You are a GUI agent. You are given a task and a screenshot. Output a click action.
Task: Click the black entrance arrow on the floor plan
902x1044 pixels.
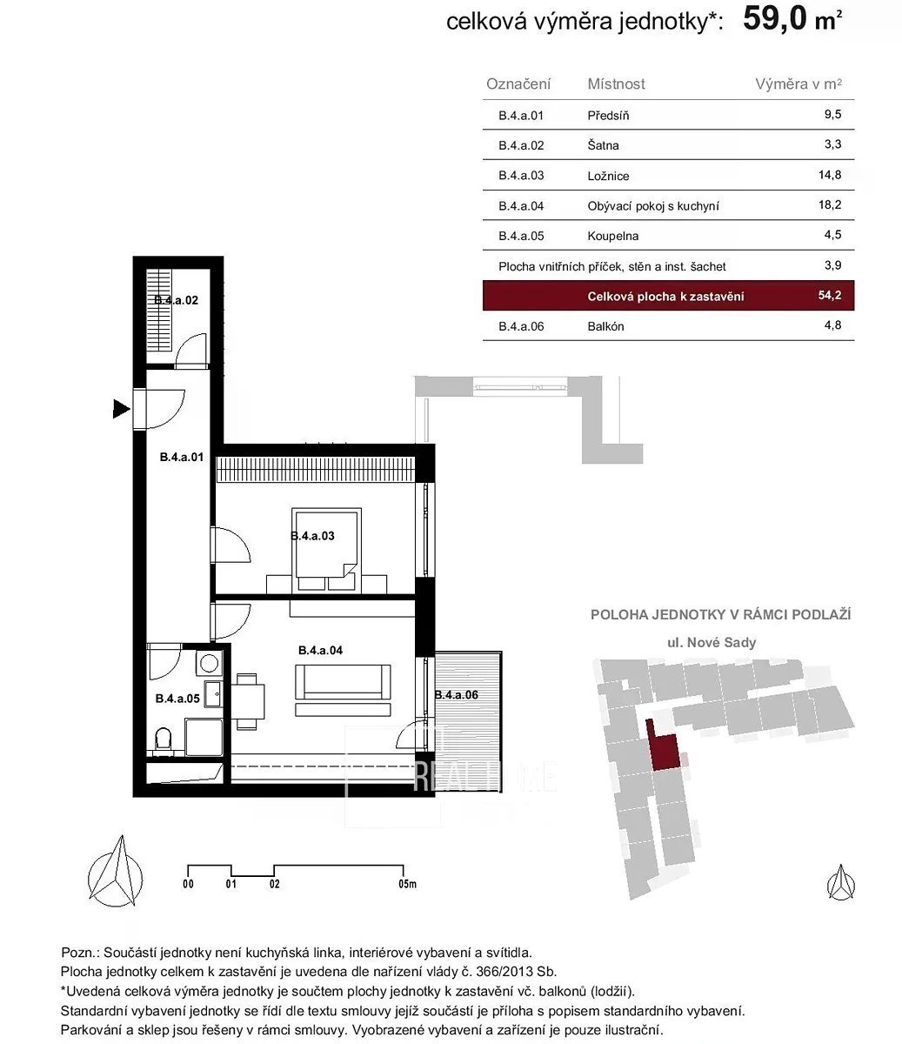tap(121, 409)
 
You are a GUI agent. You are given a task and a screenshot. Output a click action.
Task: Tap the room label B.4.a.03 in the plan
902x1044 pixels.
tap(312, 536)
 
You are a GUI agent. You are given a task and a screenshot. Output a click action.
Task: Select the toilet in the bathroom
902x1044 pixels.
tap(164, 739)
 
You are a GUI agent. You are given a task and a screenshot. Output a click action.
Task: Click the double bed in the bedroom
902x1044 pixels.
tap(326, 550)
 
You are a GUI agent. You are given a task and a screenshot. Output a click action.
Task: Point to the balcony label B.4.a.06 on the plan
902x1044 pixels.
tap(456, 695)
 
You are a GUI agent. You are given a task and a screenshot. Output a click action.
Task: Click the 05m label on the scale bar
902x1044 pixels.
tap(408, 884)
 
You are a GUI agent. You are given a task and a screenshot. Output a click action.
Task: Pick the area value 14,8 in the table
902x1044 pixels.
tap(830, 175)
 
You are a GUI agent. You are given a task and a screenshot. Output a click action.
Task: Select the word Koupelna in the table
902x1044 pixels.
tap(612, 236)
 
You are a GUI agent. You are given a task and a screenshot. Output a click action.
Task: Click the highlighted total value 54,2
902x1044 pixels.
tap(830, 295)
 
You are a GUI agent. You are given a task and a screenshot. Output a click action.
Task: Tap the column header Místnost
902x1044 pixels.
tap(616, 84)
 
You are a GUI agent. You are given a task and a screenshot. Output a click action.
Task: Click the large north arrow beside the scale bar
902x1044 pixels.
tap(116, 873)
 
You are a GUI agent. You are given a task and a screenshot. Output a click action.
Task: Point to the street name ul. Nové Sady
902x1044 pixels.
tap(712, 643)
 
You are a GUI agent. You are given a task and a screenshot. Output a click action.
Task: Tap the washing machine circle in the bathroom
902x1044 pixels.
tap(209, 663)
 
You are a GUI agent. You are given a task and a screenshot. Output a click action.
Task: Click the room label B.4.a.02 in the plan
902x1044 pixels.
tap(176, 300)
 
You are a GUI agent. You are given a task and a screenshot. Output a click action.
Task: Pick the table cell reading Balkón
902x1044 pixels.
tap(605, 326)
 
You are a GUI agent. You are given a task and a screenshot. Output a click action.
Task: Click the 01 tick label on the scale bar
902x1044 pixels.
tap(231, 884)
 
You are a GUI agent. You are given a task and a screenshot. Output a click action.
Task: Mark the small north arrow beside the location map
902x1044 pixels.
tap(841, 883)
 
